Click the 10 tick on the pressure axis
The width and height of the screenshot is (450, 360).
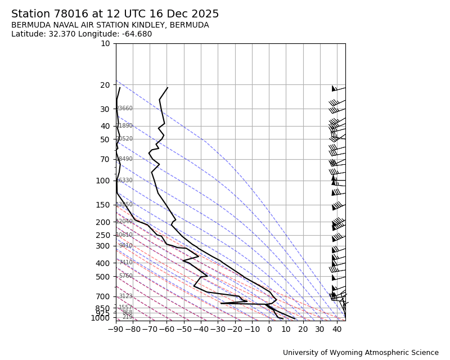[x=105, y=43]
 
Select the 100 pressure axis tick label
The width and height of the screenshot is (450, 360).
[x=103, y=181]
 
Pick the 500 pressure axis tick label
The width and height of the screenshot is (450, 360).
[x=103, y=277]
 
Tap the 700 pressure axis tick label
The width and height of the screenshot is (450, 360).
[x=103, y=296]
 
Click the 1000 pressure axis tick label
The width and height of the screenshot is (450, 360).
[x=101, y=318]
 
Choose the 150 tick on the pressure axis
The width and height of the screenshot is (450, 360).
[x=103, y=205]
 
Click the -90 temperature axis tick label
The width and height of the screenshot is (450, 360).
[x=116, y=329]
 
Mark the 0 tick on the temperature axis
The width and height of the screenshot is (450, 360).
[x=269, y=329]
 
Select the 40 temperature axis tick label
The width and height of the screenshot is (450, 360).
[x=337, y=329]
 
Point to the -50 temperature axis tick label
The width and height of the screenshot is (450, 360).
[x=184, y=329]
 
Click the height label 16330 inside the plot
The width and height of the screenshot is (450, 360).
[x=124, y=181]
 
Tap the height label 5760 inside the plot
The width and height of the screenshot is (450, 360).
[x=125, y=276]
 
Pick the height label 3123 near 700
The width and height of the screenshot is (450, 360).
[x=125, y=296]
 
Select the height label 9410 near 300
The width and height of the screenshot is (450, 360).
[x=125, y=246]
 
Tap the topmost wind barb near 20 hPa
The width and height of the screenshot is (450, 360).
[x=338, y=88]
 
